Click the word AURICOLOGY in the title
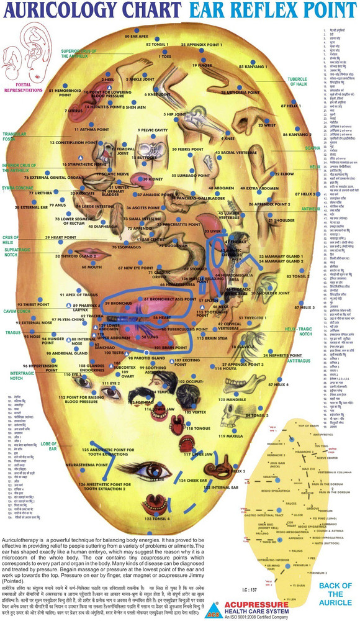[x=59, y=11]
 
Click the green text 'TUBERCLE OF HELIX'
[x=297, y=82]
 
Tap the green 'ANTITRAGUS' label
[x=299, y=360]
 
